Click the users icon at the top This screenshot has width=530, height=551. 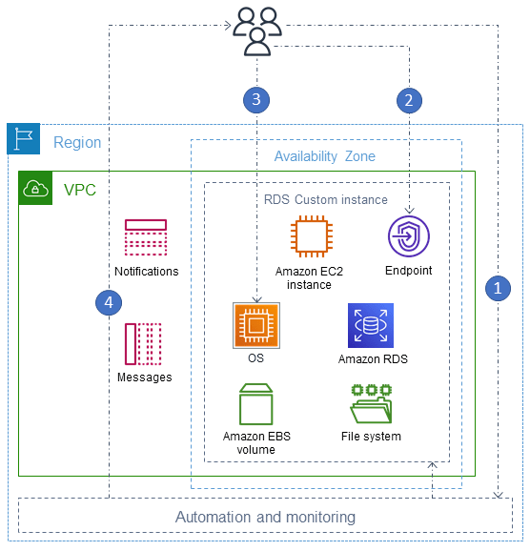[256, 30]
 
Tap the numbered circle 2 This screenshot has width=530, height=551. [409, 98]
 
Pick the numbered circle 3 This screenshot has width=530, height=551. [255, 98]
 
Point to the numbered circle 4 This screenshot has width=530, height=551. [110, 302]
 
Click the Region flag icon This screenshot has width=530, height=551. [24, 140]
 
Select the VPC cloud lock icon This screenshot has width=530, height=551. [35, 189]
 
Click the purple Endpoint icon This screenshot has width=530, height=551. [409, 237]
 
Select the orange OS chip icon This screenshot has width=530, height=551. [255, 326]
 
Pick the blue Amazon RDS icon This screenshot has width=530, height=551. [370, 326]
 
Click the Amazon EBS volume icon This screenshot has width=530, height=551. [255, 404]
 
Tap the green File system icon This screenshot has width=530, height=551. [371, 405]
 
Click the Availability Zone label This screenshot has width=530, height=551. [324, 156]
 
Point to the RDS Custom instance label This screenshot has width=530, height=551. [326, 199]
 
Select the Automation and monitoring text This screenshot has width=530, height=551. [265, 517]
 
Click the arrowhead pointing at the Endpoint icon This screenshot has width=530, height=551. [409, 210]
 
